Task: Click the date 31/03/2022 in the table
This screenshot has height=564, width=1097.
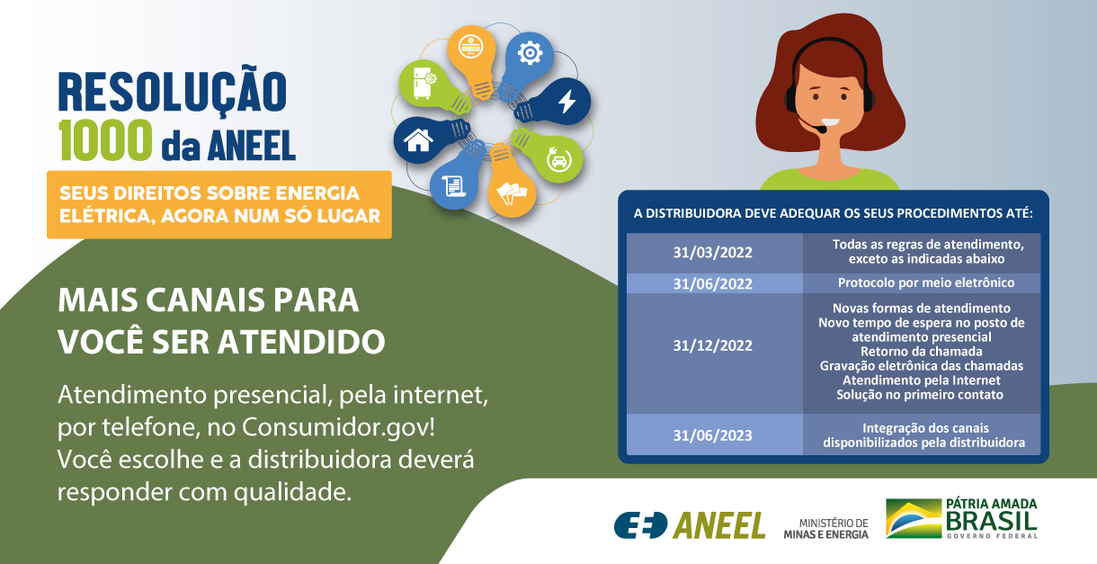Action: pyautogui.click(x=713, y=251)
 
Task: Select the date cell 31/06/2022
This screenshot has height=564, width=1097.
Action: pyautogui.click(x=713, y=283)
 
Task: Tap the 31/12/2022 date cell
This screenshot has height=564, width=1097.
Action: pyautogui.click(x=713, y=345)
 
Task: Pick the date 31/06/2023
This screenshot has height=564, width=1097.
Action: pyautogui.click(x=713, y=435)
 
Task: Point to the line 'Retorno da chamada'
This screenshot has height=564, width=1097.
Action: pyautogui.click(x=922, y=351)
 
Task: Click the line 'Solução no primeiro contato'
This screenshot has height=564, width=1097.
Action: pyautogui.click(x=922, y=394)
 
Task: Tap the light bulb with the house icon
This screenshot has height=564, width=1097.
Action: pyautogui.click(x=419, y=139)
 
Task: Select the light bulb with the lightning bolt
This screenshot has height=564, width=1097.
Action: pyautogui.click(x=565, y=102)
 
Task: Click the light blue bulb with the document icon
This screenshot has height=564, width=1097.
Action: pyautogui.click(x=455, y=184)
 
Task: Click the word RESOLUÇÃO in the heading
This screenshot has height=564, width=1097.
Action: pyautogui.click(x=173, y=91)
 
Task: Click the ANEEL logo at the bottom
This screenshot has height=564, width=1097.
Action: pyautogui.click(x=690, y=524)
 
